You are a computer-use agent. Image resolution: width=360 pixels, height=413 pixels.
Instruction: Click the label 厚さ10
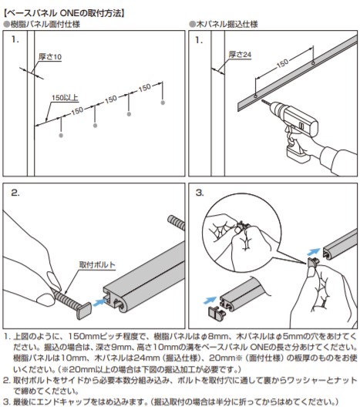pos(50,56)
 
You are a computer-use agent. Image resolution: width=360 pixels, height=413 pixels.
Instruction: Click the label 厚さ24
pos(240,55)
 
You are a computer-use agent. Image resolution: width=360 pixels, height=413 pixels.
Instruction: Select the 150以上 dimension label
pos(65,98)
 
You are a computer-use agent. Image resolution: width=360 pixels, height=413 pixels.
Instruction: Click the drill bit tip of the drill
pos(262,101)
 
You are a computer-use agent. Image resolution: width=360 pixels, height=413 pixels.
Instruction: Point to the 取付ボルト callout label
pos(97,264)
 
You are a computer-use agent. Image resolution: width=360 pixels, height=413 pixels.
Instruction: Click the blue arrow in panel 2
pos(99,302)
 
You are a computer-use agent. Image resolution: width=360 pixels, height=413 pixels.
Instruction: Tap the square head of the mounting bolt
pos(84,311)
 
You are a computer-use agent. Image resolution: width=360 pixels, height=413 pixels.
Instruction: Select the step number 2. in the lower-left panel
pos(15,193)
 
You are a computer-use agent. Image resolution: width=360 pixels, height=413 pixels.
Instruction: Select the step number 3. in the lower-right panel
pos(200,193)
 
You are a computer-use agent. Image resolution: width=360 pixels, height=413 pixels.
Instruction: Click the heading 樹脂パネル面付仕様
pos(42,24)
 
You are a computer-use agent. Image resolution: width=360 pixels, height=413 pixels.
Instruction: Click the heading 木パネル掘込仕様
pos(224,24)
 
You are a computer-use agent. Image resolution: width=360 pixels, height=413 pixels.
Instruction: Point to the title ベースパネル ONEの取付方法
pos(64,13)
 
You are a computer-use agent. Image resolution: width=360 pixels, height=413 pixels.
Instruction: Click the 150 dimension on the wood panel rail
pos(282,63)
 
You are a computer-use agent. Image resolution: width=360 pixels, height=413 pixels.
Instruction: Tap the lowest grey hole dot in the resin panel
pos(61,136)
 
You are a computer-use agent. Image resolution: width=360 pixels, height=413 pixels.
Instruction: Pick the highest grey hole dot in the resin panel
pos(163,102)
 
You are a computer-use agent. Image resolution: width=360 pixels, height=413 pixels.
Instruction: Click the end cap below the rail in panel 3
pos(217,312)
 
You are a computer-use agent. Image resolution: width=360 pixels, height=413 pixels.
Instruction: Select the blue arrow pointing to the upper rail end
pos(314,252)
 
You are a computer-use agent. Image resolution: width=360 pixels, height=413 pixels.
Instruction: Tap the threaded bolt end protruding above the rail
pos(177,223)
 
